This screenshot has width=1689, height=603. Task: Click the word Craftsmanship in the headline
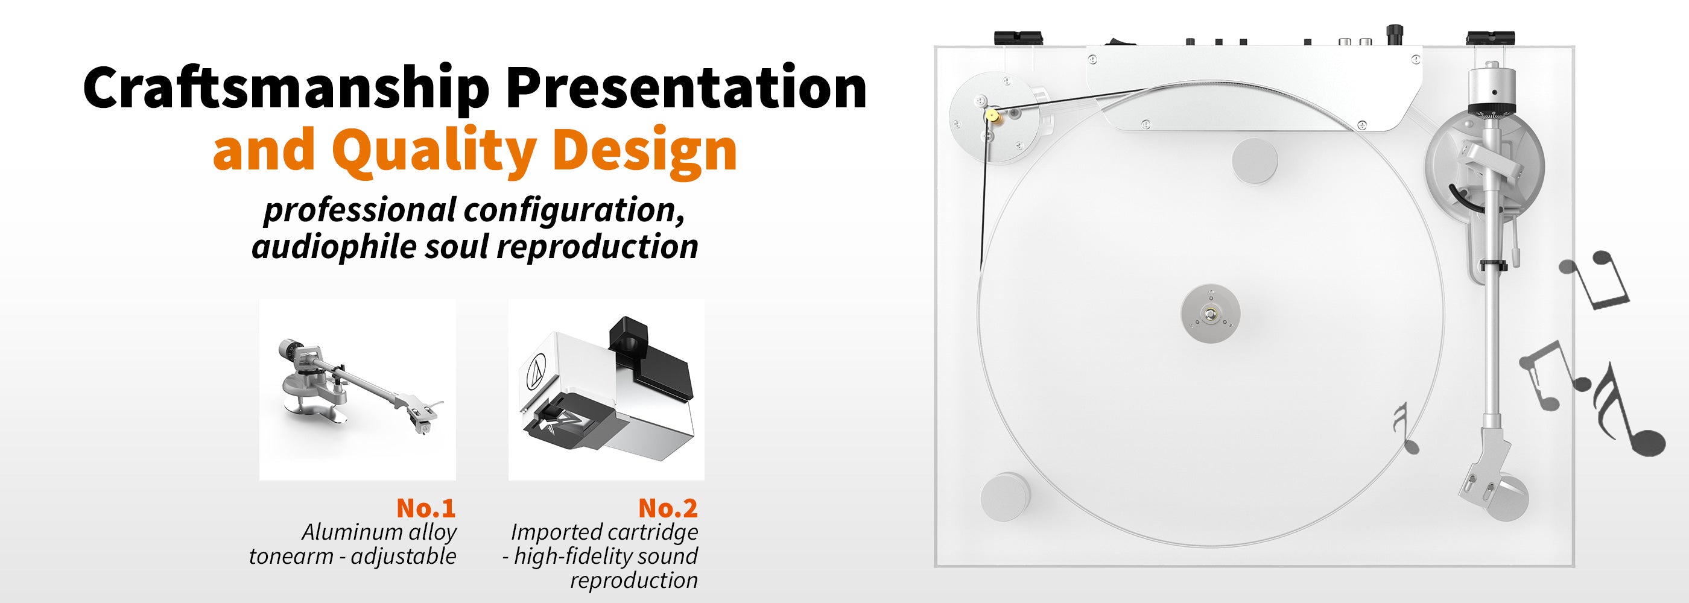pyautogui.click(x=287, y=88)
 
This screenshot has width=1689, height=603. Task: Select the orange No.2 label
pyautogui.click(x=668, y=507)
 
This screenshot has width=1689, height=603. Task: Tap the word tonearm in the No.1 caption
pyautogui.click(x=291, y=556)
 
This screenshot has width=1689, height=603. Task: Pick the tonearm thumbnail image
pyautogui.click(x=357, y=390)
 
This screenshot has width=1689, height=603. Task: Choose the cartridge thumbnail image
pyautogui.click(x=606, y=390)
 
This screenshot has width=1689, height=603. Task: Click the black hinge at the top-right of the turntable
pyautogui.click(x=1491, y=37)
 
